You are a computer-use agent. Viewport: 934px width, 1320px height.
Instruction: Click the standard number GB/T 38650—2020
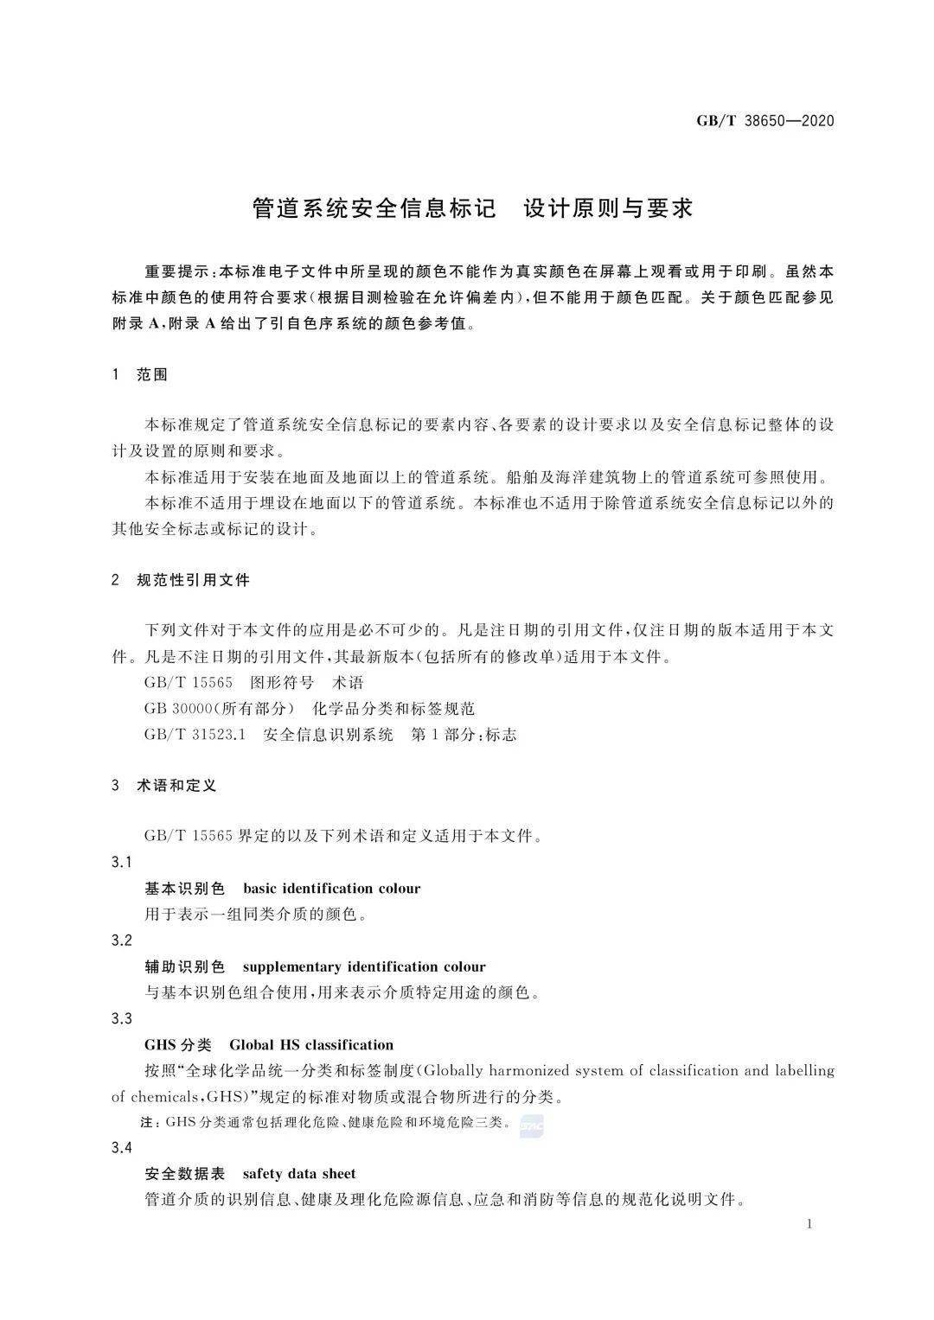(765, 121)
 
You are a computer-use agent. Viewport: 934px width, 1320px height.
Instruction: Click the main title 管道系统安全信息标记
(374, 208)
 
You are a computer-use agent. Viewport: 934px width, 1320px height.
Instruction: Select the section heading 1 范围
(140, 375)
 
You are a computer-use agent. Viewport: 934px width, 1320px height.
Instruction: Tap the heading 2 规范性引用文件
(181, 580)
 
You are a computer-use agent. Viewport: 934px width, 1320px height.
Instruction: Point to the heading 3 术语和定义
(164, 786)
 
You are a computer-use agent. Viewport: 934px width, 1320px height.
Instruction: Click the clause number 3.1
(122, 863)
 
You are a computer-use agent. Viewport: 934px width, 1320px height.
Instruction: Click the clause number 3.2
(122, 941)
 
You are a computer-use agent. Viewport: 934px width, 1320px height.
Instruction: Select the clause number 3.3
(122, 1018)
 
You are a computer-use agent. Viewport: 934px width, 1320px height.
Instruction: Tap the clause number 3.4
(122, 1148)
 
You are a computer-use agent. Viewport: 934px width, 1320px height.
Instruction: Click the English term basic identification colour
(332, 889)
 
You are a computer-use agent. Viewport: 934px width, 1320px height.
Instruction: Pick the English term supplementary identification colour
(364, 966)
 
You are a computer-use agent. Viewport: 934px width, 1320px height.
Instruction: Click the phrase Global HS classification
(311, 1044)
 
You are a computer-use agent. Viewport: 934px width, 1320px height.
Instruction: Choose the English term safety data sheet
(299, 1174)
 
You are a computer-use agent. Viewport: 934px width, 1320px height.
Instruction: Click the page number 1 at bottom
(809, 1223)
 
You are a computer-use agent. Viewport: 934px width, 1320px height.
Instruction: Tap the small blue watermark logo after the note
(531, 1125)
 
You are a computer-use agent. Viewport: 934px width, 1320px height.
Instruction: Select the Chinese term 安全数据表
(185, 1174)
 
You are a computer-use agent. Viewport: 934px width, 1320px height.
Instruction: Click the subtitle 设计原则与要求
(609, 208)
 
